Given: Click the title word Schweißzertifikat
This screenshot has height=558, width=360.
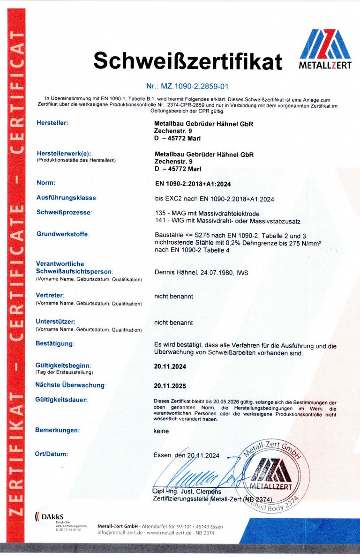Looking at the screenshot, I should [x=187, y=61].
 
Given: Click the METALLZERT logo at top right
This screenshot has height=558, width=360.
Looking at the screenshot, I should [x=325, y=49].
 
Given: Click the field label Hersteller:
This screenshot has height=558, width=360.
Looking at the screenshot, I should [x=52, y=123].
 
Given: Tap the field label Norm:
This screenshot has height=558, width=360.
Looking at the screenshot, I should [x=45, y=182].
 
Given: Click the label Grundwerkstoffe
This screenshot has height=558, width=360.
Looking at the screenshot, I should [x=62, y=234].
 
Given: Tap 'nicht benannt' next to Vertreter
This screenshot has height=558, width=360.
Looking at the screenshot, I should [x=173, y=296].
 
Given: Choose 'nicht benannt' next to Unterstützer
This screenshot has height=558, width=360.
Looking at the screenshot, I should [x=173, y=322].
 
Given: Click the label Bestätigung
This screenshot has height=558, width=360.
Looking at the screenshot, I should [x=54, y=343].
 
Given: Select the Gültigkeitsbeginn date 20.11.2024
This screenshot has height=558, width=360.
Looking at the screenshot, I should [x=170, y=366].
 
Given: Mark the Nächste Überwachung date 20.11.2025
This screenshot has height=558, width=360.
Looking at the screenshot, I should [x=170, y=386].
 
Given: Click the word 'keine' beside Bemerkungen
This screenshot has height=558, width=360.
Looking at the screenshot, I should [x=161, y=431].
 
